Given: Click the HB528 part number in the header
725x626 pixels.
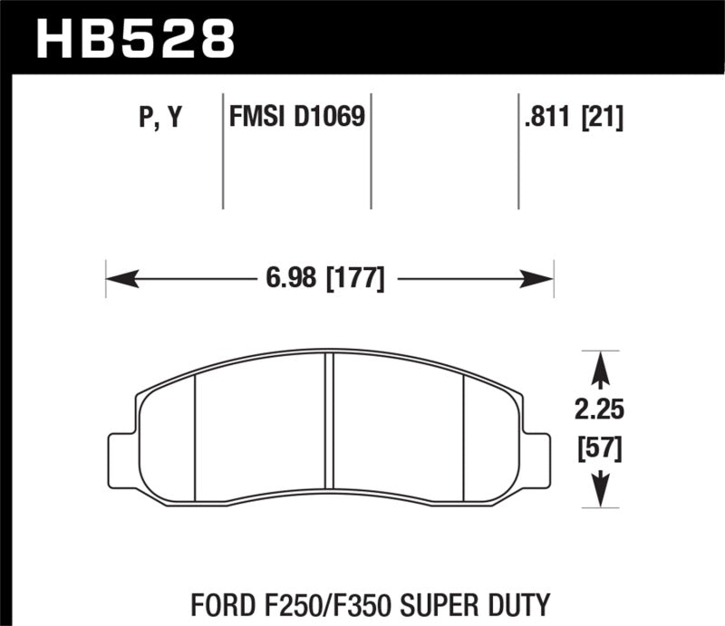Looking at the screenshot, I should point(135,38).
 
